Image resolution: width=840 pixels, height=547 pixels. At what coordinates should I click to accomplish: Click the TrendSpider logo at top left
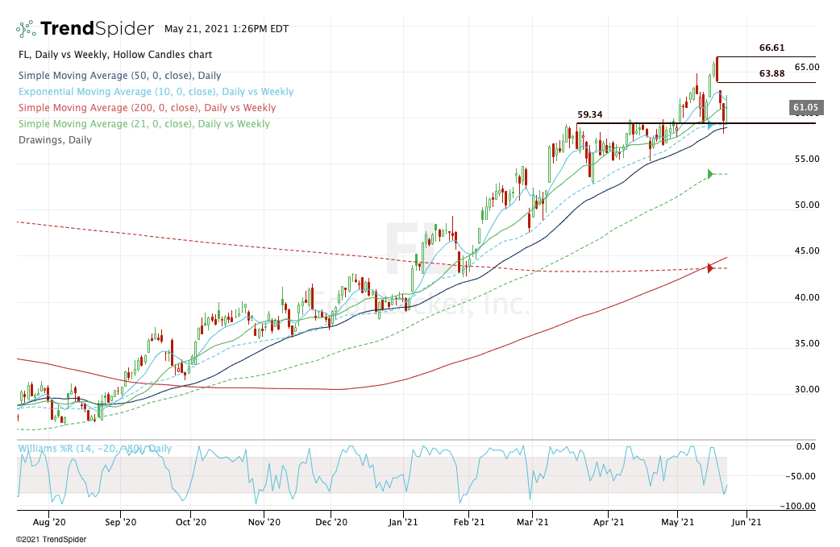coord(85,29)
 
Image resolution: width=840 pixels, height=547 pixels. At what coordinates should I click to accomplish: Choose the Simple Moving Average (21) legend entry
coord(143,124)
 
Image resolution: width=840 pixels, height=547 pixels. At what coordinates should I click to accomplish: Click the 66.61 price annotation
coord(771,48)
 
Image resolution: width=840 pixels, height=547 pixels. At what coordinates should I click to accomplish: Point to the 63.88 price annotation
coord(771,74)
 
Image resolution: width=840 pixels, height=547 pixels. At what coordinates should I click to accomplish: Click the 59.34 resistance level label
coord(591,114)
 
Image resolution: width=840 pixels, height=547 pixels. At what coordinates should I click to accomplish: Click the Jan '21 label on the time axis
coord(403,522)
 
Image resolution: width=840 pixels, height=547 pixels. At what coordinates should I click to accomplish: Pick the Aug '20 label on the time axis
coord(61,522)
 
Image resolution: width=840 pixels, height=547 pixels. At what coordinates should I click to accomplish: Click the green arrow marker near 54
coord(711,174)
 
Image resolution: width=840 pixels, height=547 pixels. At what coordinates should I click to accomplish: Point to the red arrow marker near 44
coord(710,267)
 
